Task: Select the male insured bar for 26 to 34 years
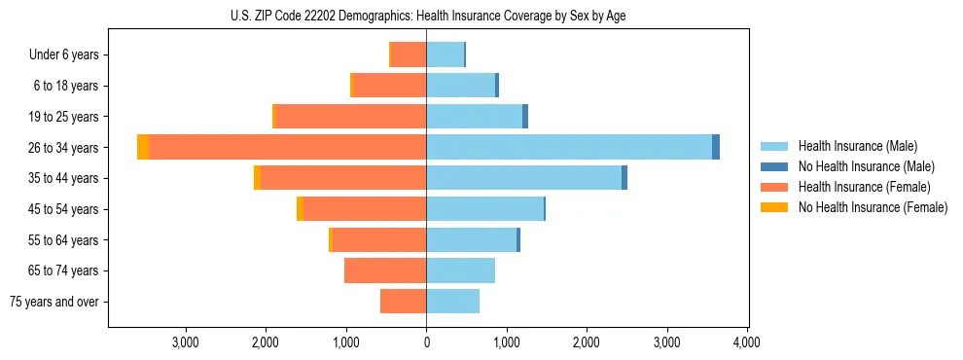click(x=569, y=147)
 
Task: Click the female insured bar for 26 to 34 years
click(x=287, y=147)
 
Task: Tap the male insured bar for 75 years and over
click(x=452, y=302)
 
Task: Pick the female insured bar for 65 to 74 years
click(x=385, y=270)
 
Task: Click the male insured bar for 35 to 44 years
click(x=523, y=178)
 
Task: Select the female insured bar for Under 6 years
click(x=409, y=54)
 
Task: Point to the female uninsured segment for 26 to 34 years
click(x=143, y=147)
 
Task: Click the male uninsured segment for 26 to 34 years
click(x=716, y=147)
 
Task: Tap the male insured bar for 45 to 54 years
click(x=484, y=208)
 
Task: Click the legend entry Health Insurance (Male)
click(x=857, y=146)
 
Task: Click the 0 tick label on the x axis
click(x=426, y=342)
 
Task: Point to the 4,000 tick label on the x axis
click(x=746, y=342)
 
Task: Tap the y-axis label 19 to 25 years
click(x=65, y=117)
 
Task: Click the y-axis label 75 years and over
click(x=54, y=302)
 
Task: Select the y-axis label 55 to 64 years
click(x=65, y=240)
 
